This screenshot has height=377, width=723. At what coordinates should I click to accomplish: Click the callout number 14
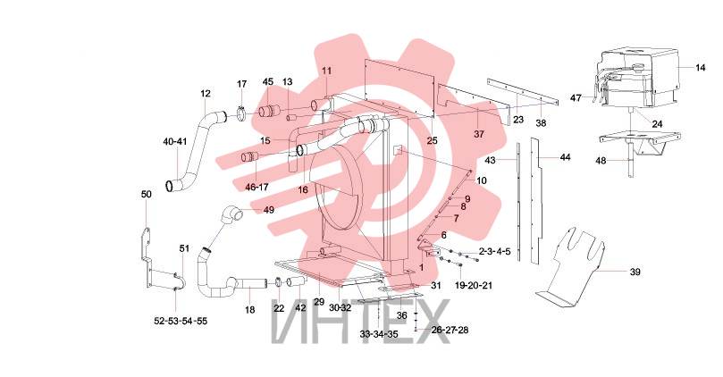click(700, 68)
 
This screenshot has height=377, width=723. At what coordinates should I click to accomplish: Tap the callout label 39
click(635, 272)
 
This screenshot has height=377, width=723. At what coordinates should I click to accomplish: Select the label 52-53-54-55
click(181, 322)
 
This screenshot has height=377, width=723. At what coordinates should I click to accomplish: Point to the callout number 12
click(206, 94)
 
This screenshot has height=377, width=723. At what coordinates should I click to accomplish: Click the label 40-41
click(175, 141)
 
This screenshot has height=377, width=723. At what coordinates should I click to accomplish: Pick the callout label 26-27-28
click(450, 330)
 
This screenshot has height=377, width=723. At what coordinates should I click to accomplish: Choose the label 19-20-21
click(474, 286)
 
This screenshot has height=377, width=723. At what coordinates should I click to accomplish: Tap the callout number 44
click(566, 157)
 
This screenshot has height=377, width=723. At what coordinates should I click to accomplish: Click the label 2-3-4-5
click(494, 252)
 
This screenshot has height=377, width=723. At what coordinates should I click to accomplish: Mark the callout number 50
click(147, 195)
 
